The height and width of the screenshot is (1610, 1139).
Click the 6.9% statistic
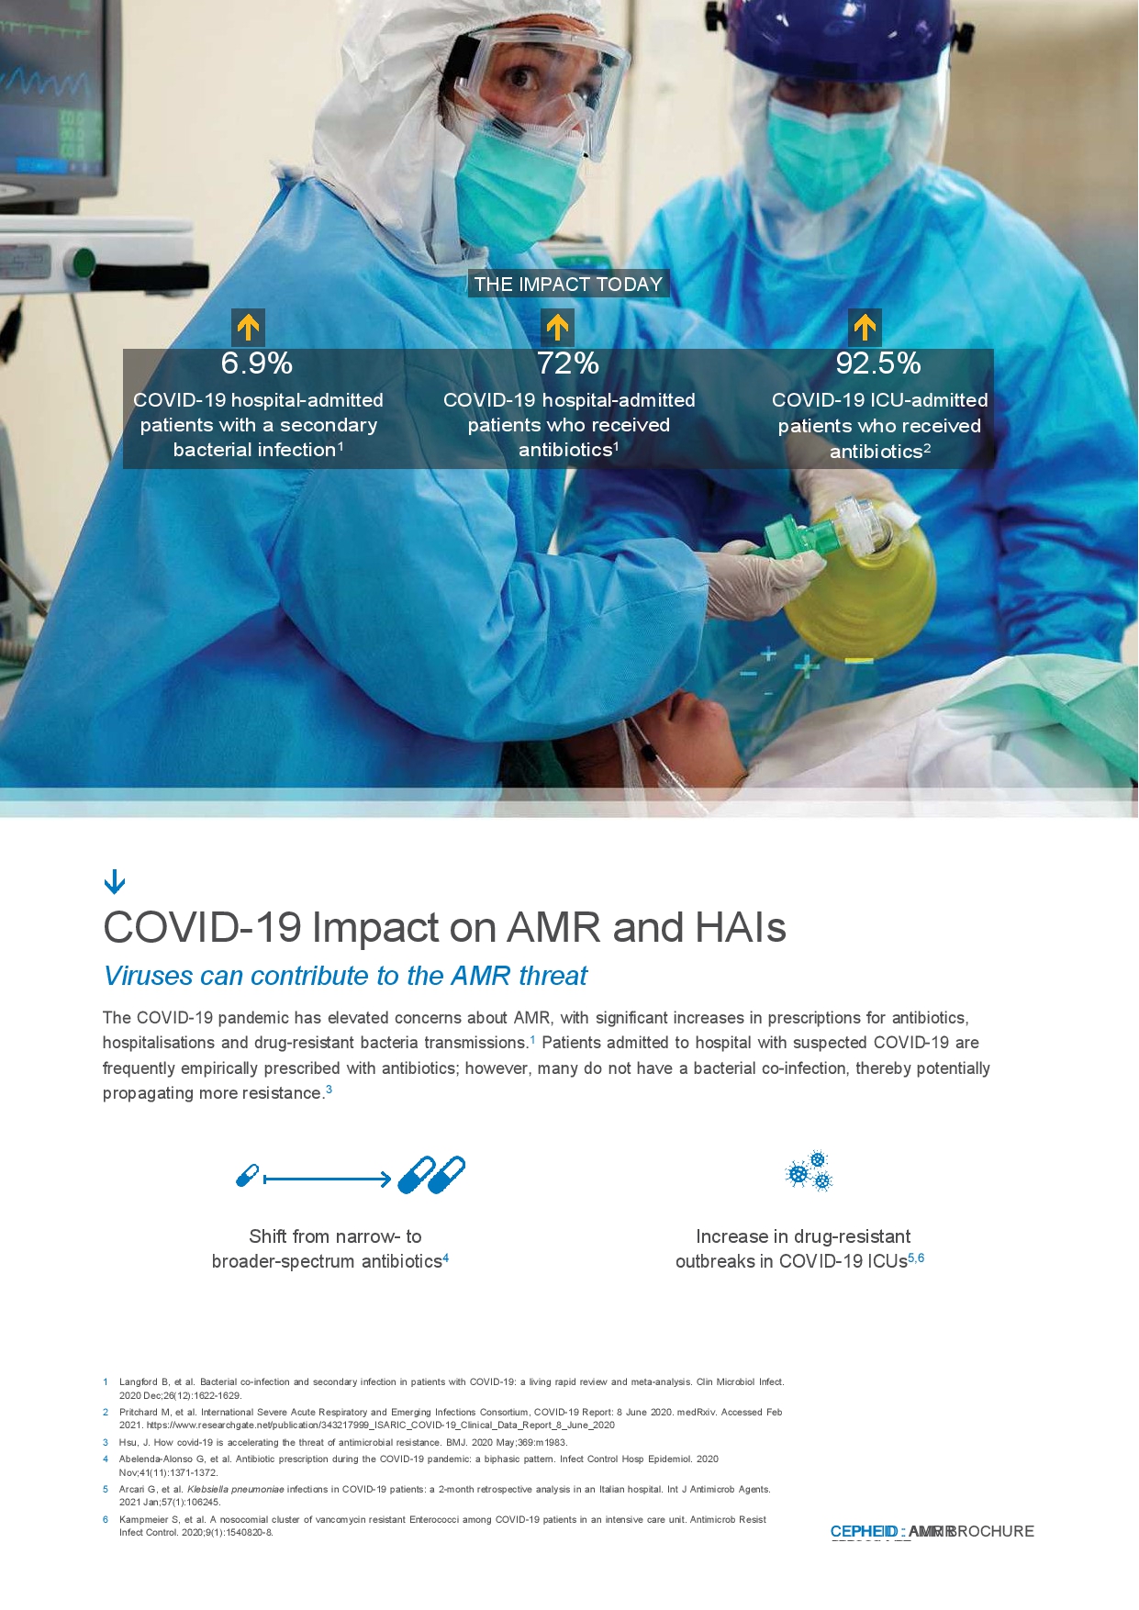tap(257, 363)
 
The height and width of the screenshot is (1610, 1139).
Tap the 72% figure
tap(568, 363)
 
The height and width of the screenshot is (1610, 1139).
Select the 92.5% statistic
tap(878, 363)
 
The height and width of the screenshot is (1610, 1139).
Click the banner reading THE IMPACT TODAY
tap(568, 285)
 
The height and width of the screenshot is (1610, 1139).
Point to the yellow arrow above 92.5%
tap(865, 327)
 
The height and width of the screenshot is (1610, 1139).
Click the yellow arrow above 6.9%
tap(248, 327)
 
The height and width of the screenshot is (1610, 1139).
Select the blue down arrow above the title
tap(115, 882)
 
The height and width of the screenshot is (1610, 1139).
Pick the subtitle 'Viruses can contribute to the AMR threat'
tap(345, 976)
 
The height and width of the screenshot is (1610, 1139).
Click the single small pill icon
tap(248, 1175)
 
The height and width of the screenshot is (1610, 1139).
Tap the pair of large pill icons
tap(431, 1175)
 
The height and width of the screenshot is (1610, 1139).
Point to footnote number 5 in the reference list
tap(106, 1489)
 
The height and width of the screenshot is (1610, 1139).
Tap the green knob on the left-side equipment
tap(84, 263)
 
